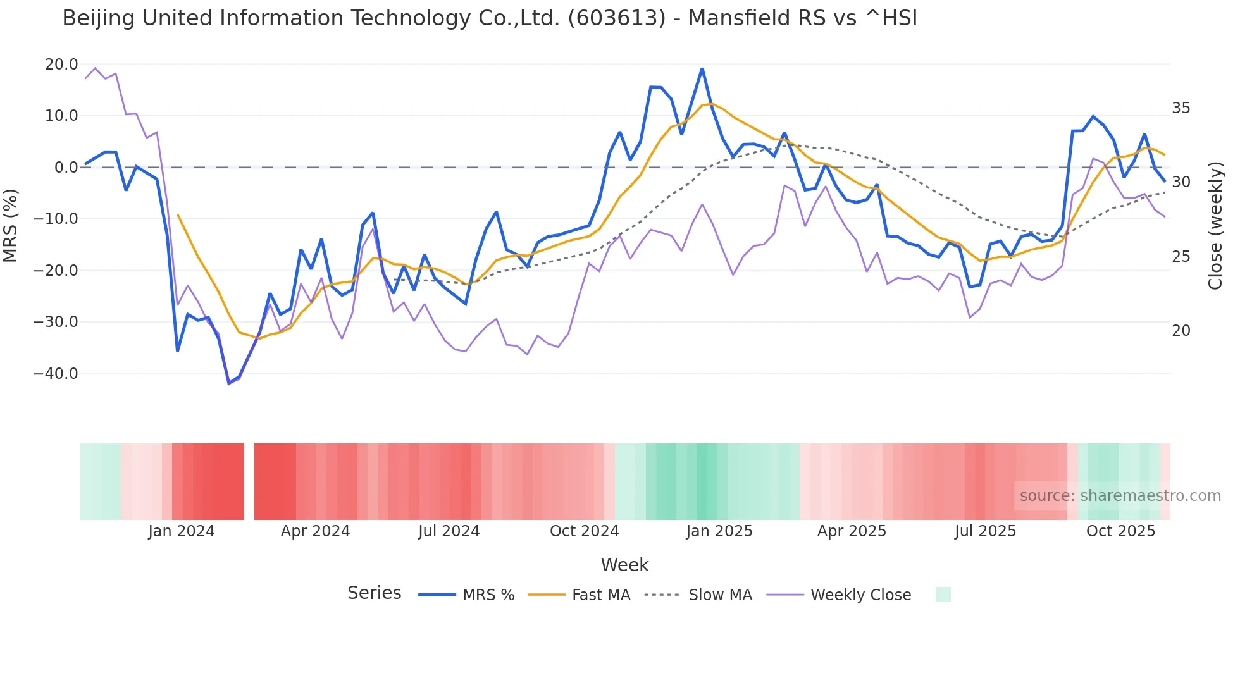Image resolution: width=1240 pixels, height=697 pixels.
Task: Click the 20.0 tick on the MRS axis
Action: [61, 65]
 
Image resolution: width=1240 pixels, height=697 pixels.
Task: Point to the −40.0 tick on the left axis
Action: [56, 374]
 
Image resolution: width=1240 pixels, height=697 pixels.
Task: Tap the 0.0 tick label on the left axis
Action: [66, 168]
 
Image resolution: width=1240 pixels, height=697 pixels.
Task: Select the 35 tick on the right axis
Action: [1181, 108]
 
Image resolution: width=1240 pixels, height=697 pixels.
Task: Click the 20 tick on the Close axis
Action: [1181, 331]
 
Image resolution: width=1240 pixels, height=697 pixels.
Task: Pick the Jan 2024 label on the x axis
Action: [182, 531]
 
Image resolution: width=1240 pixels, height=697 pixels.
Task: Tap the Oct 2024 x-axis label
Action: [584, 531]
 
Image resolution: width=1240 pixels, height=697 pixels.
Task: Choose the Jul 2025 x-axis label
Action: [985, 531]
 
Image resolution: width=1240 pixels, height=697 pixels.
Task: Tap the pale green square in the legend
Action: [943, 595]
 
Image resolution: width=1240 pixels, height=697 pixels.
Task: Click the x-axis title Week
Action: [624, 565]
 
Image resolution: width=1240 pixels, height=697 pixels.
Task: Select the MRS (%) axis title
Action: [11, 225]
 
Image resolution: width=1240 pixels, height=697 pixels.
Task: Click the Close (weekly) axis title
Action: [1215, 225]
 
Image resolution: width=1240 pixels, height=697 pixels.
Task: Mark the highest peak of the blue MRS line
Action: [702, 68]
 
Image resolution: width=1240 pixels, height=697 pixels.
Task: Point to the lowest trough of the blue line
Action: [229, 383]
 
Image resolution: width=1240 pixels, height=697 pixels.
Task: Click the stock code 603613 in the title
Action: [617, 18]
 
